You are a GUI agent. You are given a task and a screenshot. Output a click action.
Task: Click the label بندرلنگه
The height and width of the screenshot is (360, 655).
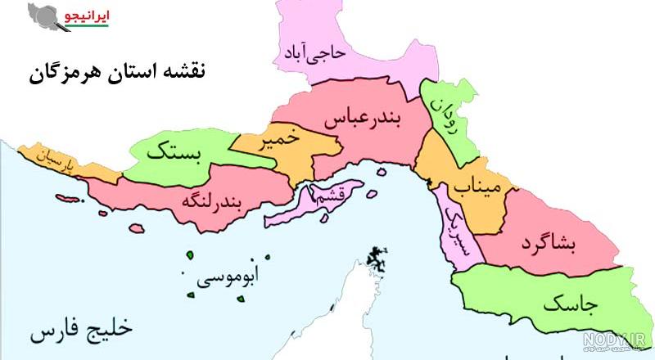coord(214,199)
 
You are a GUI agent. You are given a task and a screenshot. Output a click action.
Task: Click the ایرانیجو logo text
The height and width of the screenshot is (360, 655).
coord(91,16)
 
